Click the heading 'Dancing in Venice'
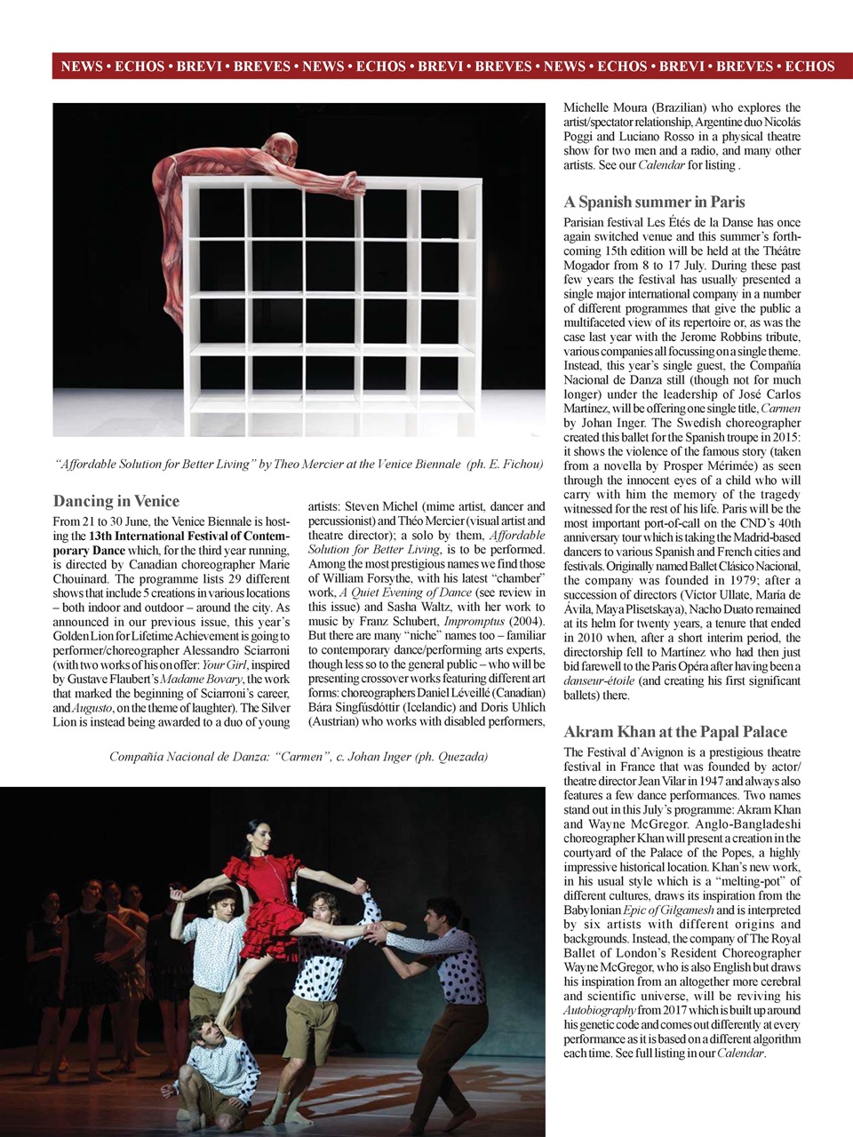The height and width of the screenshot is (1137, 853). click(x=116, y=501)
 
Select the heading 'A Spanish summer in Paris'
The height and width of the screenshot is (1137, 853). click(x=654, y=202)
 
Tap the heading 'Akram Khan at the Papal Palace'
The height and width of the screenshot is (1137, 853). click(x=675, y=732)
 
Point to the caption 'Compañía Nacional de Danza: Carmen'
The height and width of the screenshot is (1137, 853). click(x=299, y=757)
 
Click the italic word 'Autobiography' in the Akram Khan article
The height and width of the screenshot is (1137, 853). click(x=600, y=1010)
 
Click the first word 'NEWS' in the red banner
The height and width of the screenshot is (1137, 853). click(x=81, y=67)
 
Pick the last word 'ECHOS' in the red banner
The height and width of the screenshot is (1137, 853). click(x=809, y=67)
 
